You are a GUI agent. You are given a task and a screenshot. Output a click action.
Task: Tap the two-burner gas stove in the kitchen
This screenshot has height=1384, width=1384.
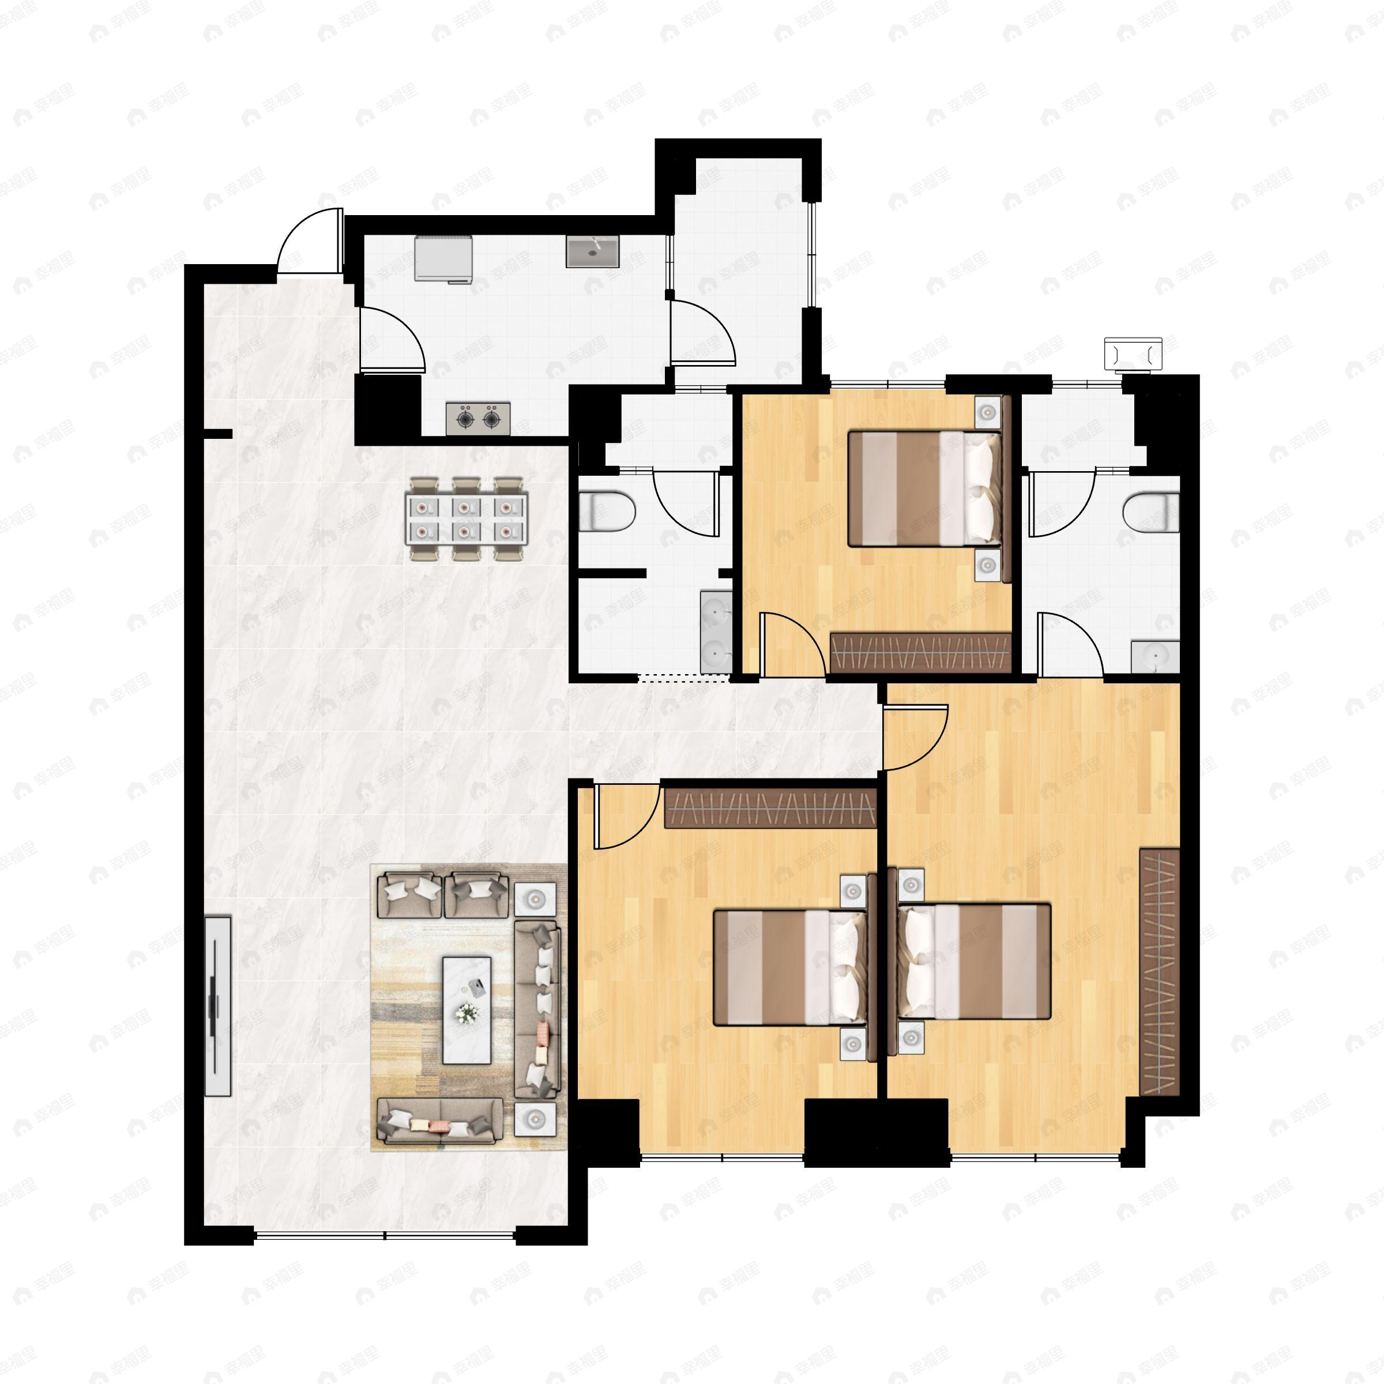point(478,418)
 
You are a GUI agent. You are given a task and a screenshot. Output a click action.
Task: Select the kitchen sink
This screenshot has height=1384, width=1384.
point(592,251)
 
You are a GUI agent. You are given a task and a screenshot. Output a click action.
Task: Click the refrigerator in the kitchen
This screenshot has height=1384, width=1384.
point(443,258)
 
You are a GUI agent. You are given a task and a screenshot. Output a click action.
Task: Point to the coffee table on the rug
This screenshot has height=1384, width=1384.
point(467,1010)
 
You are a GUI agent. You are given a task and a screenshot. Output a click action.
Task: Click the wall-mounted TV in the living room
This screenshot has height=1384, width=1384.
point(217,1006)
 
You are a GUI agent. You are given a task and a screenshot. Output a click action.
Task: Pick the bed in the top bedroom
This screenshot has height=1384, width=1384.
point(924,488)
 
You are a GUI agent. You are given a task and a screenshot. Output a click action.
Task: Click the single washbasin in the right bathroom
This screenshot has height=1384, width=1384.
point(1154,656)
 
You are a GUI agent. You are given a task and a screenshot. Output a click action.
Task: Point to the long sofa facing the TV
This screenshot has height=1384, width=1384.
point(537,1010)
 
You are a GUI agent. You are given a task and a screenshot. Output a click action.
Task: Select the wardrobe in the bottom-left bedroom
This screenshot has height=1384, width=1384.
point(770,808)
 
